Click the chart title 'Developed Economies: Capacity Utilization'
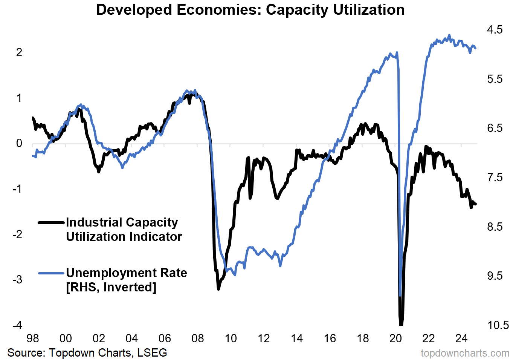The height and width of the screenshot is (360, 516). click(x=250, y=10)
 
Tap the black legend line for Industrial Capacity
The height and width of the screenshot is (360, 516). click(x=51, y=223)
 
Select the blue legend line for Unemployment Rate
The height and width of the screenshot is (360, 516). click(x=51, y=273)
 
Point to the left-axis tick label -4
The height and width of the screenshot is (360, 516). click(x=17, y=325)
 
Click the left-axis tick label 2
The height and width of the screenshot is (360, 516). click(x=19, y=52)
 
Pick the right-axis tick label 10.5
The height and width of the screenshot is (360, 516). click(x=498, y=325)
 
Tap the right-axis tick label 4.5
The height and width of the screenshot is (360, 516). click(x=495, y=29)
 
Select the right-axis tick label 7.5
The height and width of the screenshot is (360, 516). click(x=495, y=177)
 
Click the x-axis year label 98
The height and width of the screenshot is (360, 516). click(x=33, y=338)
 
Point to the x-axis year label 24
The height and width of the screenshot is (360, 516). click(x=461, y=338)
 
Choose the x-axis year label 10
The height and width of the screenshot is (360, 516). click(x=231, y=338)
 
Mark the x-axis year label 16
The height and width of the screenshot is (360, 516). click(x=330, y=338)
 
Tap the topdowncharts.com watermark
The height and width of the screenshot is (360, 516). click(x=465, y=353)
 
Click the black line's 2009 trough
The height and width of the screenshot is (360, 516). click(x=218, y=289)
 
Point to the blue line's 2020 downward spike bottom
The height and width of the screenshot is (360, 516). click(x=400, y=295)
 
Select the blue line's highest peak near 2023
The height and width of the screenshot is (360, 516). click(x=449, y=35)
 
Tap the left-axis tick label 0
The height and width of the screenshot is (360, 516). click(x=19, y=143)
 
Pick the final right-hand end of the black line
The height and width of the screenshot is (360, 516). click(x=476, y=204)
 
